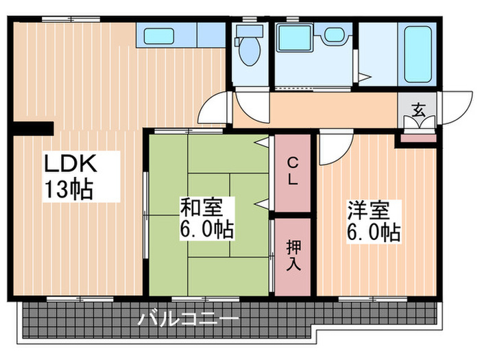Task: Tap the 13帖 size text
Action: coord(69,189)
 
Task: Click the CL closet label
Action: coord(292,171)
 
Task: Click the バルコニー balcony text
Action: coord(189,319)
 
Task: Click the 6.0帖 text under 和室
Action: coord(206,228)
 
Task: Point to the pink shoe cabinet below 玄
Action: coord(418,138)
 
